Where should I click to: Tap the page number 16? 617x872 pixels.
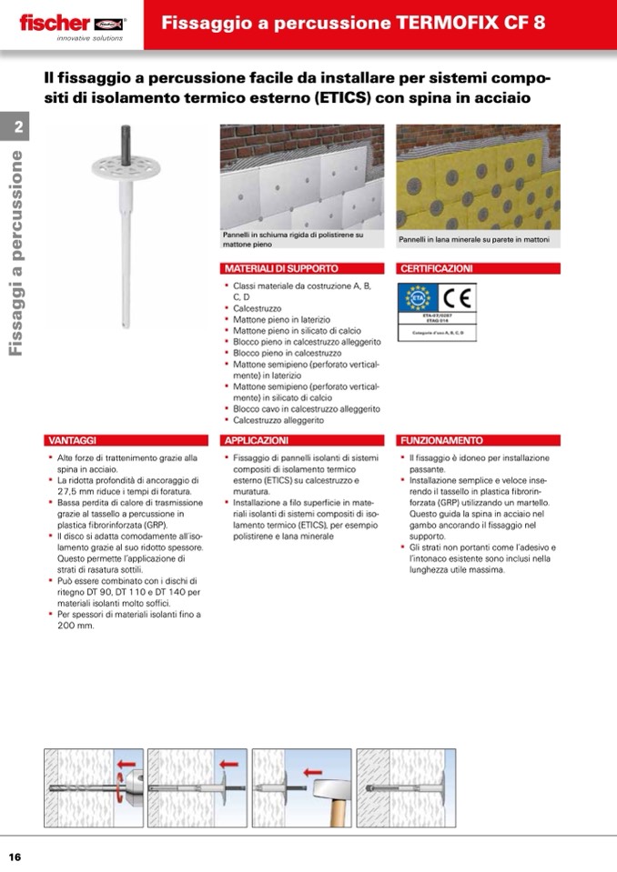15,857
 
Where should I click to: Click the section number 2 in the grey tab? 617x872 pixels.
18,127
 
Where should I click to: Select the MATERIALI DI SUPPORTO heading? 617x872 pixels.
282,269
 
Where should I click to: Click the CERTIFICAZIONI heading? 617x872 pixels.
438,269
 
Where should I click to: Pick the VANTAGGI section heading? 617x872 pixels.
74,440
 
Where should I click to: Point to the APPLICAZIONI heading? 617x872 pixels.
258,440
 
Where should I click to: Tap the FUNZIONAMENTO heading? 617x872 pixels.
443,440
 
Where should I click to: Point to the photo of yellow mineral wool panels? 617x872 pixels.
478,177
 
